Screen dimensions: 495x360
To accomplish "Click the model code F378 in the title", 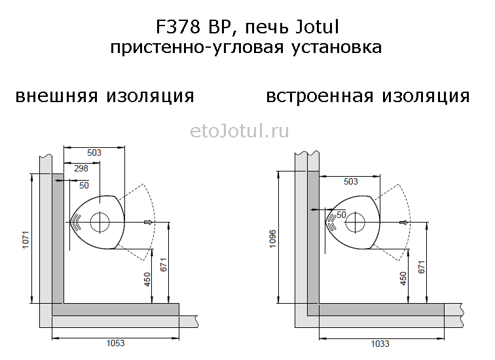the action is coord(178,27).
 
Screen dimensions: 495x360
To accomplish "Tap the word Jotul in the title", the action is coord(318,27).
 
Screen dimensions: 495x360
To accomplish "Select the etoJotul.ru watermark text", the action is coord(240,131).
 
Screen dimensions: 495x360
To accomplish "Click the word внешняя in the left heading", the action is coord(56,96).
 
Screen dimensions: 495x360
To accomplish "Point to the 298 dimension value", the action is coord(81,168).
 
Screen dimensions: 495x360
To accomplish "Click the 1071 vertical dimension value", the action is coord(26,240).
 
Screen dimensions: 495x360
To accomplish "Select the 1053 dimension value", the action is coord(115,343).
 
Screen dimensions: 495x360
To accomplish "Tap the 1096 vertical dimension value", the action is coord(273,239).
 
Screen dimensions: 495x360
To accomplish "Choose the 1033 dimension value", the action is coord(380,343).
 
